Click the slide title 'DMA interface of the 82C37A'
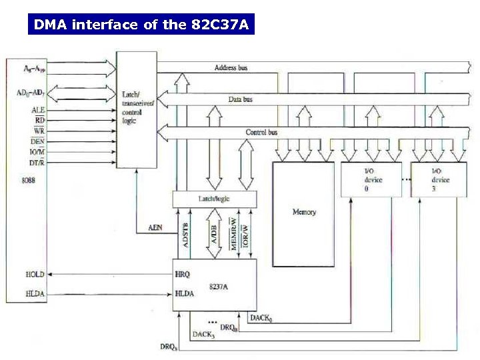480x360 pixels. coord(141,25)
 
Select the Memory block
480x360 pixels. coord(304,213)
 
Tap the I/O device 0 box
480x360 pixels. coord(371,180)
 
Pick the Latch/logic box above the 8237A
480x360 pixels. coord(214,199)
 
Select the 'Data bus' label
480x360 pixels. coord(240,99)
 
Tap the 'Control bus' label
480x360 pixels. coord(261,132)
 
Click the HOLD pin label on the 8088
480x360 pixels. coord(34,275)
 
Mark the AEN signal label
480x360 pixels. coord(154,228)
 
